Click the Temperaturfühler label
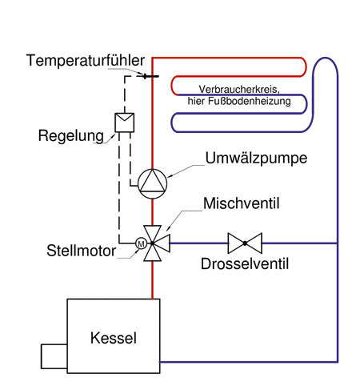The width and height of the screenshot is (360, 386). (x=85, y=61)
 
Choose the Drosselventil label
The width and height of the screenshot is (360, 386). (x=245, y=263)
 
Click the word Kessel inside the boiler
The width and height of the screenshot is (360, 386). (x=113, y=339)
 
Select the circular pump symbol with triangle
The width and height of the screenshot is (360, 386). (x=152, y=183)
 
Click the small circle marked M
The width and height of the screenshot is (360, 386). (x=141, y=243)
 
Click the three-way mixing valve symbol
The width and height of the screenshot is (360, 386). (x=152, y=242)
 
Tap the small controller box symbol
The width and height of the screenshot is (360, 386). (x=125, y=121)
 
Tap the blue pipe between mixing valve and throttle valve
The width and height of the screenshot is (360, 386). (x=196, y=242)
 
